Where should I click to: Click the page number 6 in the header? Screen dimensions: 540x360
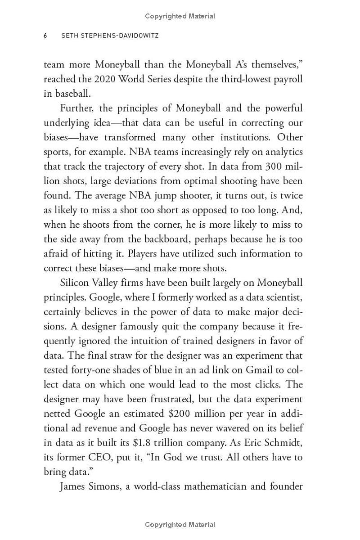45,36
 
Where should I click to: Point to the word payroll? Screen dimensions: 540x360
286,79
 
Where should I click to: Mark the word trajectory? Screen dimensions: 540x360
115,166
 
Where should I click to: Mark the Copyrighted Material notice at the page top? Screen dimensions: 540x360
180,16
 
